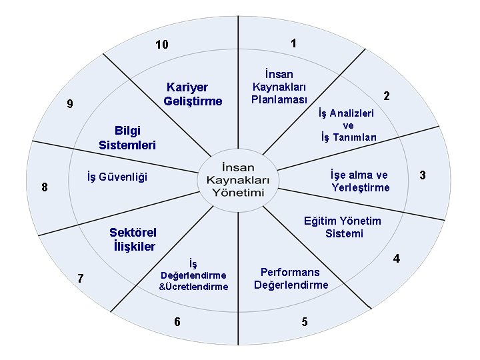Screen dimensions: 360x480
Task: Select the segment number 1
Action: [293, 43]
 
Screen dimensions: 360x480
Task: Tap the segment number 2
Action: [386, 95]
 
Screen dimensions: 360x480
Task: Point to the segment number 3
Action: [422, 175]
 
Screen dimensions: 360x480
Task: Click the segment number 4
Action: [396, 258]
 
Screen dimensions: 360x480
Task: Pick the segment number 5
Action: [305, 322]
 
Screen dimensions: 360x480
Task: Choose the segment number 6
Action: [177, 322]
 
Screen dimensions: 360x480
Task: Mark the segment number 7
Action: [80, 278]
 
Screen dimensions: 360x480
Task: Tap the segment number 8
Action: [45, 187]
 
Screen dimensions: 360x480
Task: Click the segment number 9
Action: [70, 104]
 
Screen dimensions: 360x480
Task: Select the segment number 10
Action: [161, 45]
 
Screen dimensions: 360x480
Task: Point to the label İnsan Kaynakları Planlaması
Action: [279, 87]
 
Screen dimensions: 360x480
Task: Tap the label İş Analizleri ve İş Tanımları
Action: [348, 125]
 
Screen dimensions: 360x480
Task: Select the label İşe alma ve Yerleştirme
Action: [360, 181]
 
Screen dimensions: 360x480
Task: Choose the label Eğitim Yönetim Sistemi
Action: [343, 227]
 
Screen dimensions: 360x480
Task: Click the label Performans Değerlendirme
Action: [291, 279]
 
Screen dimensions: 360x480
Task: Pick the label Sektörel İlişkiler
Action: [133, 239]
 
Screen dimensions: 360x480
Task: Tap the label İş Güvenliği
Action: [117, 177]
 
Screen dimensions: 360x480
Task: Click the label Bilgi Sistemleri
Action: [127, 137]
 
